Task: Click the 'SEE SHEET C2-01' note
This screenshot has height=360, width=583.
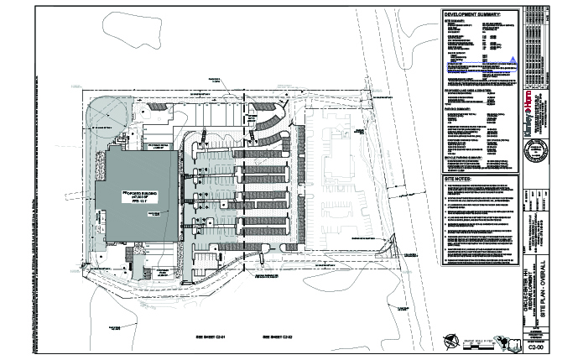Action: (214, 334)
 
